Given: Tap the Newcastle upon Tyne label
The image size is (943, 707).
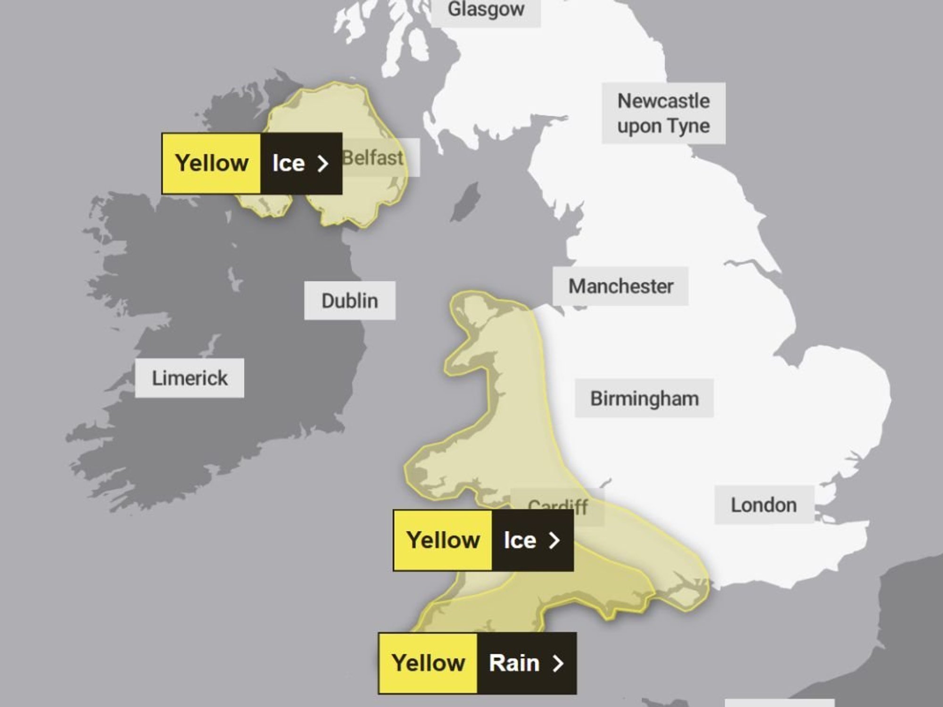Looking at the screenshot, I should pyautogui.click(x=663, y=113).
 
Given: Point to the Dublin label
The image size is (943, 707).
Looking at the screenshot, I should pyautogui.click(x=349, y=301).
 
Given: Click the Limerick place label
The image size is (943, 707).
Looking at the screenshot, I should pyautogui.click(x=190, y=378).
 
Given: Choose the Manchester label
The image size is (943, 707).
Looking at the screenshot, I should pyautogui.click(x=620, y=286).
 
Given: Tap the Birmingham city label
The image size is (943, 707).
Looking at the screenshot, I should pyautogui.click(x=644, y=398).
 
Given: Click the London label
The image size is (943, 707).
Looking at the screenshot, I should pyautogui.click(x=763, y=505).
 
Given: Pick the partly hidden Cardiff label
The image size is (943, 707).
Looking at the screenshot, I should pyautogui.click(x=558, y=504).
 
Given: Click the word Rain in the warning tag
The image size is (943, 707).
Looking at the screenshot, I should pyautogui.click(x=514, y=663).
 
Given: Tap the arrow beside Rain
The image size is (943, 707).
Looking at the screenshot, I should pyautogui.click(x=558, y=663).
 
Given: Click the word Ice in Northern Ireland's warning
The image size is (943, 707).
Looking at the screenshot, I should pyautogui.click(x=288, y=164).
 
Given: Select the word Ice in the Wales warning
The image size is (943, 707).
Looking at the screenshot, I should pyautogui.click(x=520, y=540).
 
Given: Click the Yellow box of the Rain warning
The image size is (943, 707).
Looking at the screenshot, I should pyautogui.click(x=428, y=663).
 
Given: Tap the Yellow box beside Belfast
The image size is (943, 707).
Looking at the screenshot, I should pyautogui.click(x=212, y=164).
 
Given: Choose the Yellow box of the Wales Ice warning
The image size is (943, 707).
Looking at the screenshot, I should pyautogui.click(x=443, y=540).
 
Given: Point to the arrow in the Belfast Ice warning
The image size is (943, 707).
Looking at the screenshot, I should pyautogui.click(x=323, y=164).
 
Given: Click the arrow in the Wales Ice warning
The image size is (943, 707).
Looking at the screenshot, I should pyautogui.click(x=554, y=540).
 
